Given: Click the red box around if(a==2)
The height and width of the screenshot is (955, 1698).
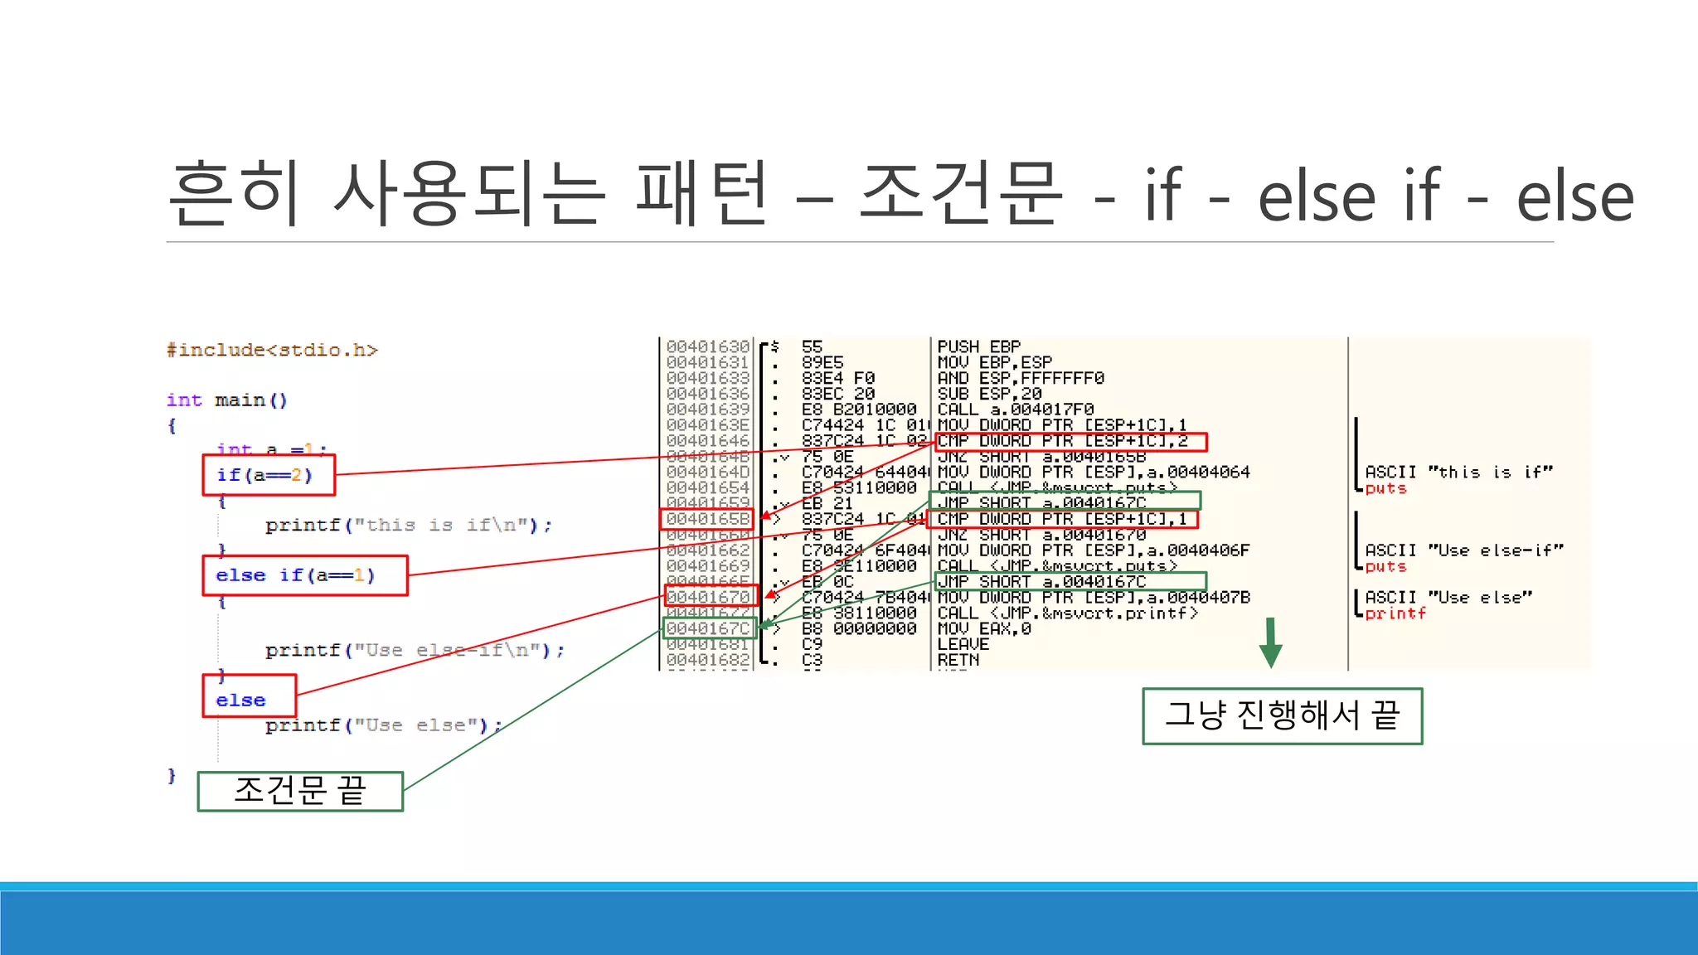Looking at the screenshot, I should tap(269, 475).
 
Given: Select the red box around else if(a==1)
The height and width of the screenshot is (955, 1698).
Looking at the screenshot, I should tap(304, 575).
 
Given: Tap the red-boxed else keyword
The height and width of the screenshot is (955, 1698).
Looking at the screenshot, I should tap(249, 696).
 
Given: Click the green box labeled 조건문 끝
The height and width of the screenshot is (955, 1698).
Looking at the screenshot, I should tap(300, 791).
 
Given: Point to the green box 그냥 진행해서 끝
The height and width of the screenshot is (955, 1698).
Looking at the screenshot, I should tap(1282, 715).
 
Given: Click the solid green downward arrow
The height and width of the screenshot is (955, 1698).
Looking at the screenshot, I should tap(1270, 643).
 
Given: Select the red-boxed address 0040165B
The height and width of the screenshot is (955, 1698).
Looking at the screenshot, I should tap(707, 519).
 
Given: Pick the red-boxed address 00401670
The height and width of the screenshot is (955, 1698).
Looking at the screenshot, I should tap(710, 596).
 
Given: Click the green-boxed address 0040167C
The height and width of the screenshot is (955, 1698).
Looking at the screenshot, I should tap(709, 628).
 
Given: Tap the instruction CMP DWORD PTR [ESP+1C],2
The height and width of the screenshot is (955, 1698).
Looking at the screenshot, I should tap(1070, 441).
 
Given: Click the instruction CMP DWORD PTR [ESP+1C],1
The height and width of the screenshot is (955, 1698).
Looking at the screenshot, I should tap(1065, 519).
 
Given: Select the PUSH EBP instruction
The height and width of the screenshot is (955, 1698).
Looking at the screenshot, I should tap(978, 347).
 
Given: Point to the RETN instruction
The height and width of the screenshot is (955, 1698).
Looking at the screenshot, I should tap(958, 660).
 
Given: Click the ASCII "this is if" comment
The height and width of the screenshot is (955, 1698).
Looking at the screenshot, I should tap(1458, 472).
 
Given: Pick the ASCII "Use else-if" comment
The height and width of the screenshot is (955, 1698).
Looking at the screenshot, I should tap(1463, 550).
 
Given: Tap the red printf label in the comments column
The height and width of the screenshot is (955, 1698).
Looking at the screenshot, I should tap(1395, 613).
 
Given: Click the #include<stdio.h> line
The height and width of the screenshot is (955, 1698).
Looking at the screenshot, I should tap(272, 350).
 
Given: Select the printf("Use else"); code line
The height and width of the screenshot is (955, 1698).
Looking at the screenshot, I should tap(383, 725).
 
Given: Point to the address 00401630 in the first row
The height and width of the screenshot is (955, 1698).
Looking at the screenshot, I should tap(707, 347).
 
